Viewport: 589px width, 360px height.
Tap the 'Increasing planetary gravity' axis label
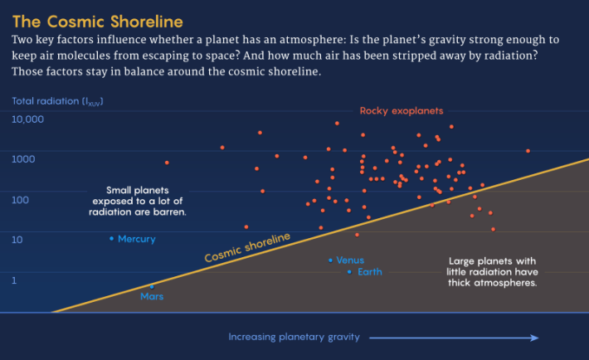point(294,337)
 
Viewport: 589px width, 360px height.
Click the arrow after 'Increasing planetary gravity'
point(454,338)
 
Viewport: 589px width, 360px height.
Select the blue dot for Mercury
point(112,239)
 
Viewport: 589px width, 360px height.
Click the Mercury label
point(137,239)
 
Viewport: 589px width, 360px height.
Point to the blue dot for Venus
point(330,260)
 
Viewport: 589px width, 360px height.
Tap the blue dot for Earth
point(349,272)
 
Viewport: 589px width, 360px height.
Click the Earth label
point(370,272)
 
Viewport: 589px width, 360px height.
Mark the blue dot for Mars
point(152,286)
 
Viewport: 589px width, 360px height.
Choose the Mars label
point(153,297)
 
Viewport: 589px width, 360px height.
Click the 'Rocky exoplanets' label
point(402,110)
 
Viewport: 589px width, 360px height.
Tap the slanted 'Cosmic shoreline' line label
point(247,248)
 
